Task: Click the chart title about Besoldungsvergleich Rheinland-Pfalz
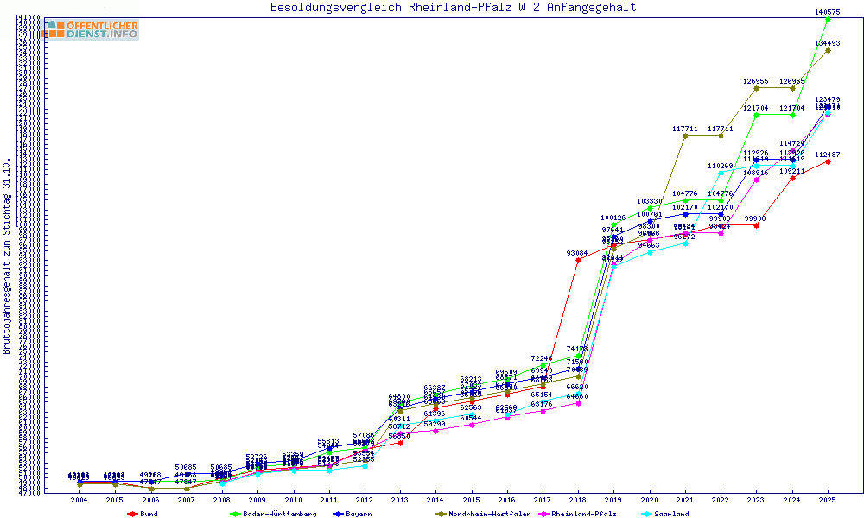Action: point(453,8)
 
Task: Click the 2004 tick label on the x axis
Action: point(79,500)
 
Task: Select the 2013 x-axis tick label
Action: point(400,500)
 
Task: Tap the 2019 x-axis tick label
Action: point(613,500)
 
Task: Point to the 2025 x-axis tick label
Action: point(828,500)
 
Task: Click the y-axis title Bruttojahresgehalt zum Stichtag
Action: point(7,256)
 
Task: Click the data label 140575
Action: point(828,12)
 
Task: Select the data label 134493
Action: point(828,43)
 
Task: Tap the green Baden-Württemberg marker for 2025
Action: point(828,19)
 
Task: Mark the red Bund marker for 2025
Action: point(828,161)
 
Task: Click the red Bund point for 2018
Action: point(578,260)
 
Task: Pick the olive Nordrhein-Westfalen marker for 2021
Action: point(685,136)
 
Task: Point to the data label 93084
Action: point(578,253)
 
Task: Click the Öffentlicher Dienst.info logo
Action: point(91,30)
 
